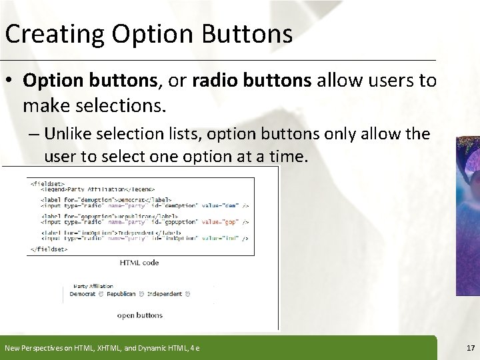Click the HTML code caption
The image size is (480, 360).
click(x=139, y=263)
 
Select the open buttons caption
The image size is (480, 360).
click(x=139, y=315)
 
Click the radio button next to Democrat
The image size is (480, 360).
click(x=99, y=294)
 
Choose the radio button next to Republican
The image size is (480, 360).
click(x=140, y=294)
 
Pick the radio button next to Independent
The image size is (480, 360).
click(x=187, y=294)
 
